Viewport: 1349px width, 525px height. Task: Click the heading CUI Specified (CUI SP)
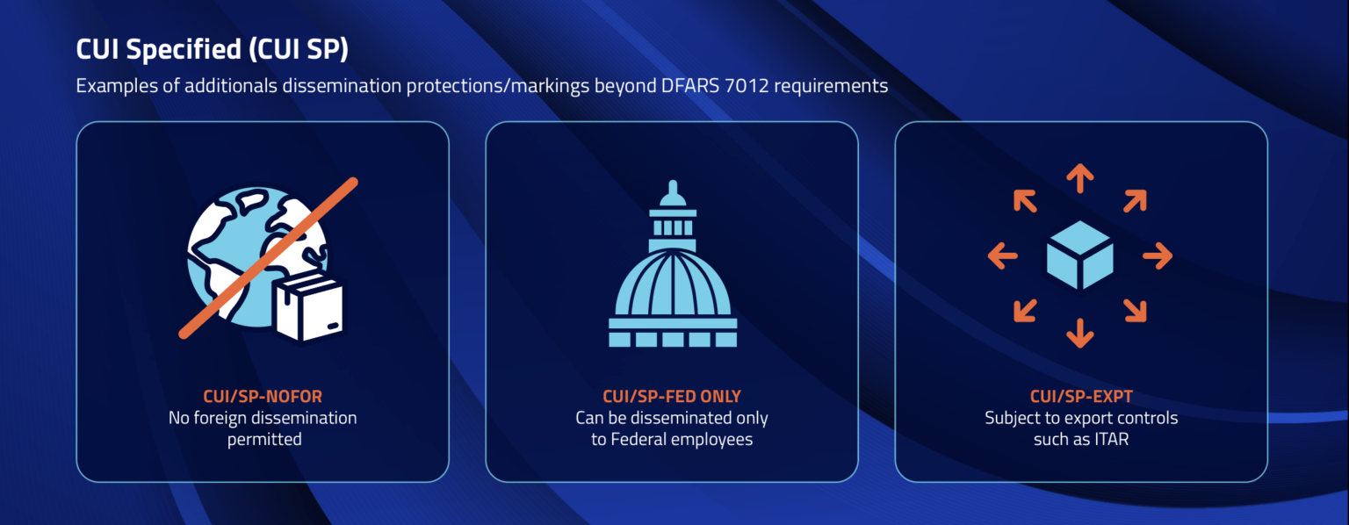[212, 49]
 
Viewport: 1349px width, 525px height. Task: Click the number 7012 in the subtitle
[747, 85]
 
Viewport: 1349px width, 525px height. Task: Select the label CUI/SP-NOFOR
[263, 396]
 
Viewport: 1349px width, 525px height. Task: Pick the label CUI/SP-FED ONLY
[672, 396]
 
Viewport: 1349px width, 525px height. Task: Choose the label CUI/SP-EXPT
[1081, 396]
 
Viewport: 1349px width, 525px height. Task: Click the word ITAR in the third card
[1112, 439]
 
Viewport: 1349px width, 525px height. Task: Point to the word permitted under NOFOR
[264, 440]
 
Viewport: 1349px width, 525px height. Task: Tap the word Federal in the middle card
[638, 439]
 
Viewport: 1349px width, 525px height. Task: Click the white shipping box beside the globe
[309, 309]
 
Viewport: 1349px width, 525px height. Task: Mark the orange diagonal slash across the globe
[269, 258]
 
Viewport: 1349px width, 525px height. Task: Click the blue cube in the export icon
[1079, 255]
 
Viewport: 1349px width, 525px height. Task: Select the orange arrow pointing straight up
[1079, 178]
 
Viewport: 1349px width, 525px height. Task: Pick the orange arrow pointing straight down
[1079, 333]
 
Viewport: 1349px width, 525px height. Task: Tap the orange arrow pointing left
[1003, 255]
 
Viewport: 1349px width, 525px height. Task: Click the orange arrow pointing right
[1158, 255]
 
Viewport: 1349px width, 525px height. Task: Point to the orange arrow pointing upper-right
[1135, 201]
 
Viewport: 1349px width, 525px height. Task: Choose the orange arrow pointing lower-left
[1025, 311]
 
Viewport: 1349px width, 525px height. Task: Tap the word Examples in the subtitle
[116, 86]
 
